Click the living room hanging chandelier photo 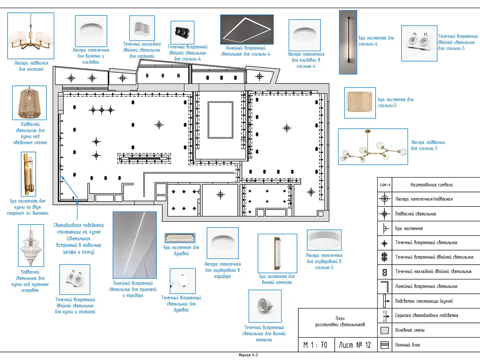(31, 36)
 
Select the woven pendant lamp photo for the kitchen (29, 103)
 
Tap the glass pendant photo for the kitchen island (31, 245)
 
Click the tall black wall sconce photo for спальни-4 (348, 42)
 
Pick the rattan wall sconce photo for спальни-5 (360, 103)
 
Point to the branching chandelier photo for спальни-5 (373, 147)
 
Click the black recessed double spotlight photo (182, 32)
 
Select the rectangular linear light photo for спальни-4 (247, 29)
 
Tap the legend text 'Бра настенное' (409, 228)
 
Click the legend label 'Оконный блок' (407, 345)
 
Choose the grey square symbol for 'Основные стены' (385, 330)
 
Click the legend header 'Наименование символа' (431, 185)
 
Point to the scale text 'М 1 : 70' (315, 345)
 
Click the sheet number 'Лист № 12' (355, 345)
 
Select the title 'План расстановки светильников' (340, 322)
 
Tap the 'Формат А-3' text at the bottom (248, 355)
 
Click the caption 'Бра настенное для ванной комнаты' (277, 279)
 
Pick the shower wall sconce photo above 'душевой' (180, 238)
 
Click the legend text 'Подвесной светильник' (415, 214)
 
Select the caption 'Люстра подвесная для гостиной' (31, 66)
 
